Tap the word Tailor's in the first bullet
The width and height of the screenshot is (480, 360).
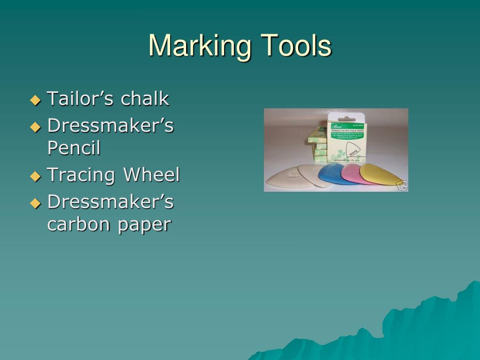[81, 99]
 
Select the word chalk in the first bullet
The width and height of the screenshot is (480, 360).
[145, 99]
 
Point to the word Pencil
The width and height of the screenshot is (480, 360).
[74, 149]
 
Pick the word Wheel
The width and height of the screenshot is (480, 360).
[151, 175]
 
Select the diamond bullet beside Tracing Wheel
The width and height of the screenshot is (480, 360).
[36, 176]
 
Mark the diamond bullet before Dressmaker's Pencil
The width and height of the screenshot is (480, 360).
[36, 127]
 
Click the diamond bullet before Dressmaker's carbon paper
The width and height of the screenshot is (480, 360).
[36, 203]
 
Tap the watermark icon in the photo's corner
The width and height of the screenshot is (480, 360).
[402, 186]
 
